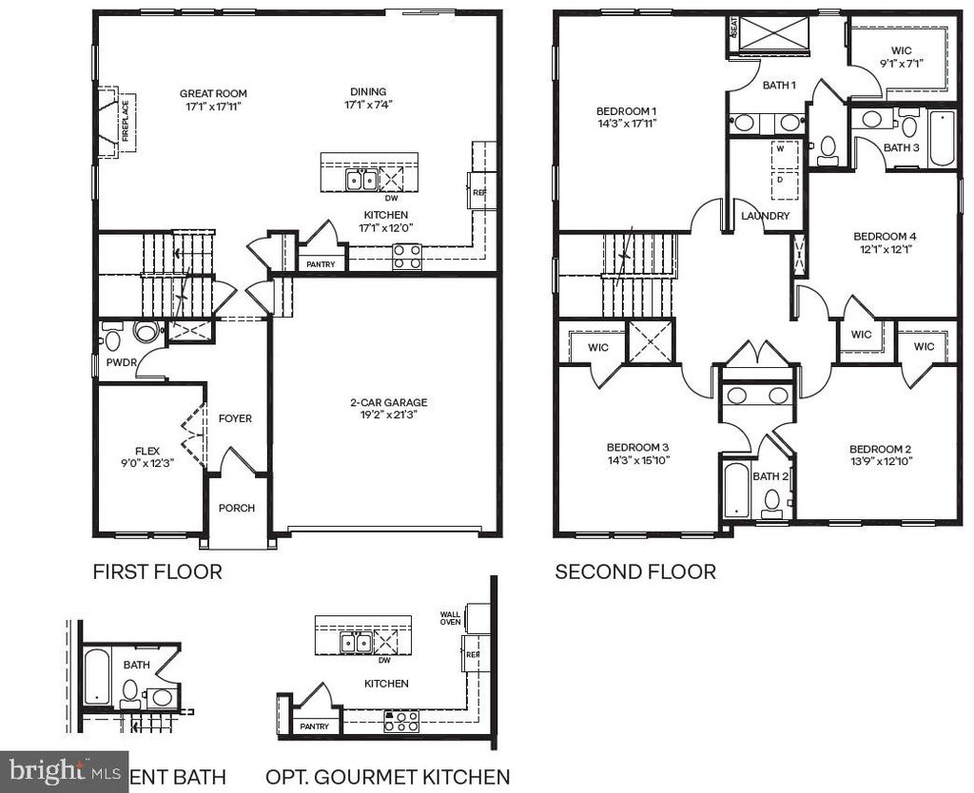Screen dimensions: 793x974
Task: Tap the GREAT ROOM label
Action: click(x=213, y=93)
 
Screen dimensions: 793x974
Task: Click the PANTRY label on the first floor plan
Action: click(x=321, y=263)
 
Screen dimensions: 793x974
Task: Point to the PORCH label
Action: click(x=237, y=508)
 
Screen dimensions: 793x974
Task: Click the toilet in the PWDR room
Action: click(x=112, y=338)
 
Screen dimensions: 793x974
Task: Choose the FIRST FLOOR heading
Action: click(x=157, y=572)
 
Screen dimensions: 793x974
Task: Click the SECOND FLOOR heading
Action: click(x=635, y=572)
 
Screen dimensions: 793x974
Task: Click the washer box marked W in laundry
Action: click(x=780, y=149)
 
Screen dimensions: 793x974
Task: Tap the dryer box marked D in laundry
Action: click(x=780, y=179)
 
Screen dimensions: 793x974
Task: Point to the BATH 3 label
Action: click(x=901, y=147)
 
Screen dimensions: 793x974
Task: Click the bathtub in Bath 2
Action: click(x=736, y=491)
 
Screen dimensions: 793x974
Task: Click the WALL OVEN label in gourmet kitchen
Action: click(x=450, y=618)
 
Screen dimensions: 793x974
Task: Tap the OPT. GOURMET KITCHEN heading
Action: click(x=387, y=776)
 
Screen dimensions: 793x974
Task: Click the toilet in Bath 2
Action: click(x=772, y=501)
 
